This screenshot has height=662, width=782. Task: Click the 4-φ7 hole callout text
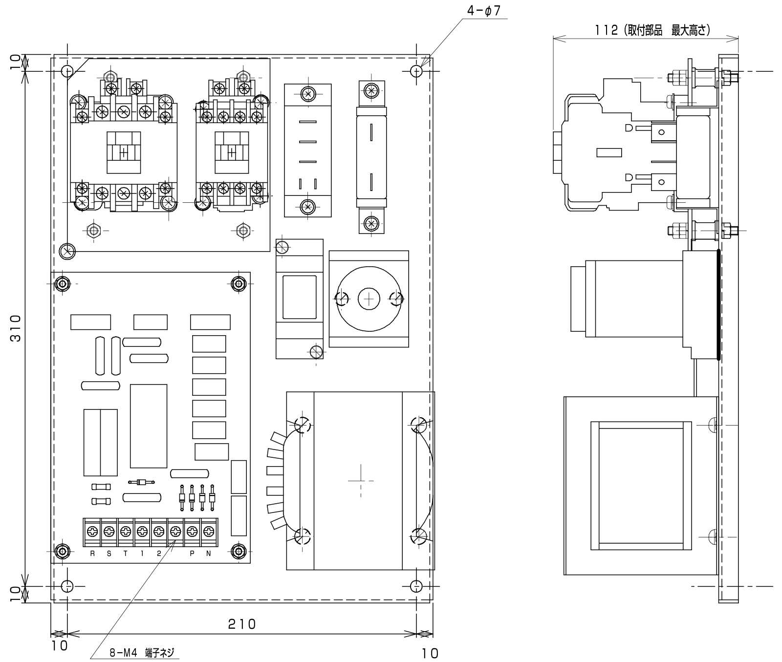click(484, 11)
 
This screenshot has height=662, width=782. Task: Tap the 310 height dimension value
click(16, 328)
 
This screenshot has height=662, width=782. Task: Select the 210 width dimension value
click(242, 624)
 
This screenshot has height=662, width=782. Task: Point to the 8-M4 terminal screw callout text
click(142, 653)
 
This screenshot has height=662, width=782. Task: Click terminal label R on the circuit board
click(92, 554)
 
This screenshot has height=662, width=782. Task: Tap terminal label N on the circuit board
click(208, 554)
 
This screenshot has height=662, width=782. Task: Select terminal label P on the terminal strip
click(192, 554)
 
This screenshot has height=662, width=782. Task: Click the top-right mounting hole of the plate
click(416, 71)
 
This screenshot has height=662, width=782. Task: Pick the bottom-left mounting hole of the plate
click(67, 586)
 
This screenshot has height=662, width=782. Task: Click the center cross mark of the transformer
click(360, 480)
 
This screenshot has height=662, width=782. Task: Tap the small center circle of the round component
click(369, 299)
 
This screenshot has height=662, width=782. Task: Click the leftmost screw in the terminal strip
click(92, 531)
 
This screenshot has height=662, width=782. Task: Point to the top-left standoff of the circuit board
click(62, 283)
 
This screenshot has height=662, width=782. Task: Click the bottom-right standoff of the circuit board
click(239, 551)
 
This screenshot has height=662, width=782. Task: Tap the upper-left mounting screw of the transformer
click(303, 425)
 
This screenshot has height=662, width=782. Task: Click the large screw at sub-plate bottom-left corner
click(67, 252)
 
